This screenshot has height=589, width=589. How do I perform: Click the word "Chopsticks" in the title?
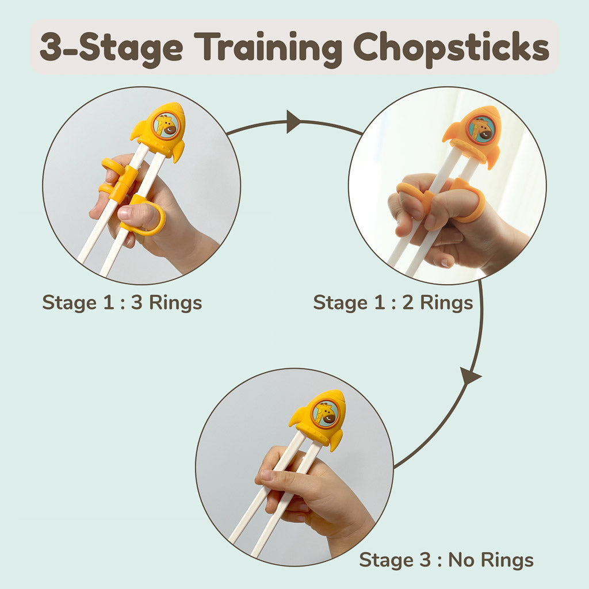click(x=451, y=48)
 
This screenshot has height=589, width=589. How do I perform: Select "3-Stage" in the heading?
click(x=110, y=48)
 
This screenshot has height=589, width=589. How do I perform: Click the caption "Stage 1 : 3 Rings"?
click(x=122, y=303)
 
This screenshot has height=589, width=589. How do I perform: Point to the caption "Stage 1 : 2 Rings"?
click(x=393, y=303)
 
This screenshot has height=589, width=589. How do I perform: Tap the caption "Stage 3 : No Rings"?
click(x=446, y=559)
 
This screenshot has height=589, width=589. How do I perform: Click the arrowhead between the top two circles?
click(x=293, y=122)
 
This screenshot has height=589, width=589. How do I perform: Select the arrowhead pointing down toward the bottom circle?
click(x=471, y=376)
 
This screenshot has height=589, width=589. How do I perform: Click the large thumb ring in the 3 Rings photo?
click(x=146, y=217)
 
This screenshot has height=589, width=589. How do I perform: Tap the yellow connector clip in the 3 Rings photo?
click(x=123, y=183)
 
